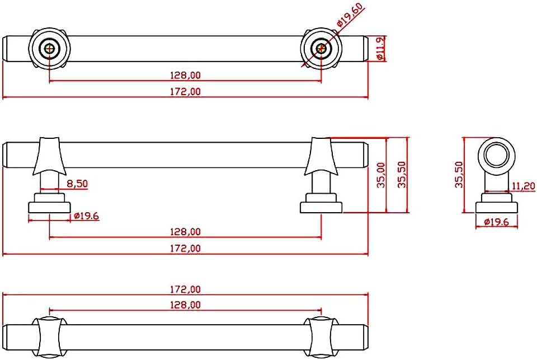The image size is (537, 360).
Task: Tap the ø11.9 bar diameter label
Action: pos(380,49)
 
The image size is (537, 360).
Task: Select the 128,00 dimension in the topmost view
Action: pos(185,75)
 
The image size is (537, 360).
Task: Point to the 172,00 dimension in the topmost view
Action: pos(185,92)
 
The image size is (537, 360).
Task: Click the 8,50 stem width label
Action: pos(77,184)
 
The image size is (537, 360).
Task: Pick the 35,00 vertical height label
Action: pos(381,175)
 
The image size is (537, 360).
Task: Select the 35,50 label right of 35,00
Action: pos(402,175)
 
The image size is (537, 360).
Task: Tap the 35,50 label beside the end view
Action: pos(459,175)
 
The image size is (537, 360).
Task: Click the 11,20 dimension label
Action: pos(524,186)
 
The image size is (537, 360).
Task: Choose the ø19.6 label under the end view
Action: pos(497,222)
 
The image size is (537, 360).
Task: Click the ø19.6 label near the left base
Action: pos(86,216)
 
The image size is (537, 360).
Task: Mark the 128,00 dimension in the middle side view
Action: pos(185,232)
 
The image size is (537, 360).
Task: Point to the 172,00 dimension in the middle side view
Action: pos(185,248)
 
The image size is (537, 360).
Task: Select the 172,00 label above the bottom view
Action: pos(185,289)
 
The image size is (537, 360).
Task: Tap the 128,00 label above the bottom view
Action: pos(185,305)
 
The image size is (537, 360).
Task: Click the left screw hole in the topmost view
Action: pos(50,48)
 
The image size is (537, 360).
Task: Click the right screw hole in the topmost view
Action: pos(321,48)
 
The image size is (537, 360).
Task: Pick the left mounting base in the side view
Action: pos(49,203)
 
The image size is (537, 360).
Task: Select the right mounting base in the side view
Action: pos(321,203)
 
